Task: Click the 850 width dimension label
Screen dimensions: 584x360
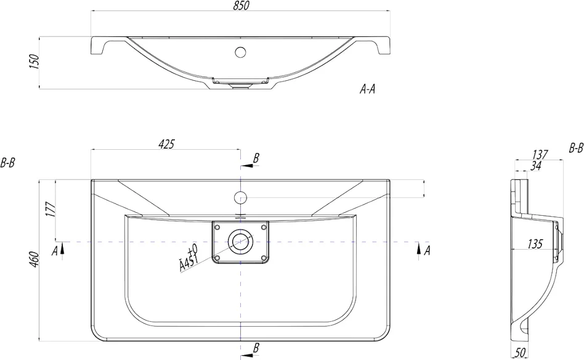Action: [242, 6]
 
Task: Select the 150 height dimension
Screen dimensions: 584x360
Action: [34, 62]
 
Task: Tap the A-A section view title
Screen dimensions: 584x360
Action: [367, 89]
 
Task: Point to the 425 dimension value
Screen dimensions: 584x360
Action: [166, 144]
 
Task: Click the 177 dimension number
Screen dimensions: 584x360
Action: [51, 210]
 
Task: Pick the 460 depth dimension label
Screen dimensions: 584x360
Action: [34, 260]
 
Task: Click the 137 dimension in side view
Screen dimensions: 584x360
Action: [540, 154]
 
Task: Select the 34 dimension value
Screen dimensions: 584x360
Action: [535, 166]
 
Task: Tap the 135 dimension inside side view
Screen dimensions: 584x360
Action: [535, 244]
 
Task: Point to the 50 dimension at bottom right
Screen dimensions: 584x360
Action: [521, 353]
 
